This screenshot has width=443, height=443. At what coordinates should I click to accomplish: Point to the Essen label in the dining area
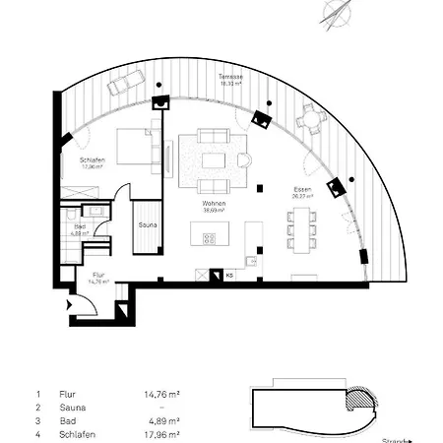[303, 191]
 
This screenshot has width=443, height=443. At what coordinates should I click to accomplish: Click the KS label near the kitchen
[228, 276]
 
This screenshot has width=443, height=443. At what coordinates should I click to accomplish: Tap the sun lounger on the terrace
[121, 87]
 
